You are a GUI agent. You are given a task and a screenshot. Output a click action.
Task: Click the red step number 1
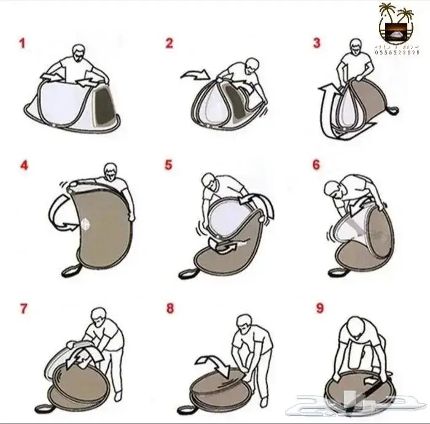pyautogui.click(x=22, y=44)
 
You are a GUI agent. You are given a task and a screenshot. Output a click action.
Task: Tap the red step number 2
pyautogui.click(x=170, y=44)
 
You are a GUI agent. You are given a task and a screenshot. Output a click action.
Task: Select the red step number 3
pyautogui.click(x=317, y=44)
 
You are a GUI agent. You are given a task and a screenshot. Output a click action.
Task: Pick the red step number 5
pyautogui.click(x=170, y=166)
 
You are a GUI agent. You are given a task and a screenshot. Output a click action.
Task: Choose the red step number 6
pyautogui.click(x=317, y=166)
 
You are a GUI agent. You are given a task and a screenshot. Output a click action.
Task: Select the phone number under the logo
pyautogui.click(x=397, y=53)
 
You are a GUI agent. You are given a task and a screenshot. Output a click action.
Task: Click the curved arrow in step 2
pyautogui.click(x=196, y=75)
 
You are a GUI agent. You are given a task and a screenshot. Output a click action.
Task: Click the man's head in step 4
pyautogui.click(x=111, y=170)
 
